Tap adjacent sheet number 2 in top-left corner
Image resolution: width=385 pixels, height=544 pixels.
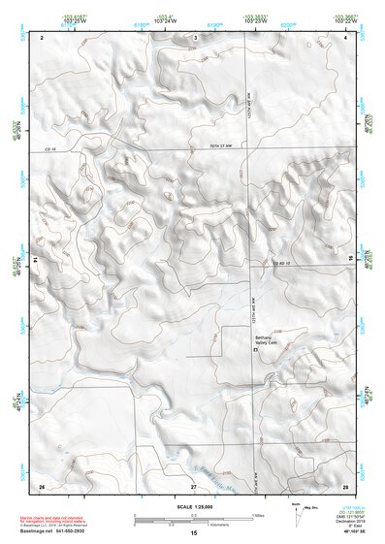click(42, 36)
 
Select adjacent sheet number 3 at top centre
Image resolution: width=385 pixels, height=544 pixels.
click(195, 36)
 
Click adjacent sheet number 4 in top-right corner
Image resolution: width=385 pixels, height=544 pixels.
click(345, 36)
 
